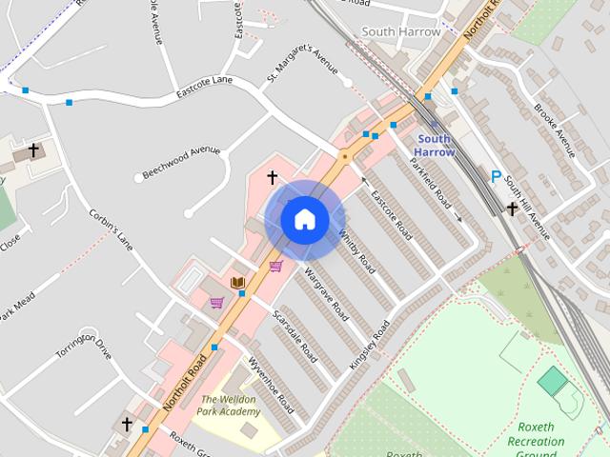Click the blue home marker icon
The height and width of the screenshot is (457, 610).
point(304,220)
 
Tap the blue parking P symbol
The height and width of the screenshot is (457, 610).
point(495,176)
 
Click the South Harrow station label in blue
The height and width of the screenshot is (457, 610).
point(436,145)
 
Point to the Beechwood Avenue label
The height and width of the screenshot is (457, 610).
point(181,162)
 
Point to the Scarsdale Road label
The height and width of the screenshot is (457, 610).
point(295,335)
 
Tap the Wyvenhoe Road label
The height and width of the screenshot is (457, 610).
point(271,384)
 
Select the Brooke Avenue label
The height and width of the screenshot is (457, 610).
point(555,129)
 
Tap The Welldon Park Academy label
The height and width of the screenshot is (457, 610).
point(229,405)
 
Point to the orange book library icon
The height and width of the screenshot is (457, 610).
point(237,282)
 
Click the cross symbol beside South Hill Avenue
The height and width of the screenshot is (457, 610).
point(512,209)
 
